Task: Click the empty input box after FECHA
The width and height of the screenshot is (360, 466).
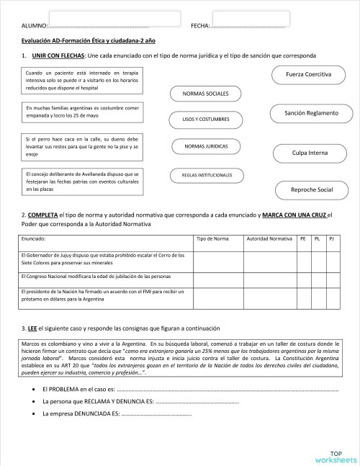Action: pyautogui.click(x=251, y=19)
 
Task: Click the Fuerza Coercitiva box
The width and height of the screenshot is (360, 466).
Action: pyautogui.click(x=308, y=75)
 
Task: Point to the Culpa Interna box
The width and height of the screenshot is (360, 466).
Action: pyautogui.click(x=310, y=153)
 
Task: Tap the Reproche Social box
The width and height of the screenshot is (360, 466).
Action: pyautogui.click(x=311, y=189)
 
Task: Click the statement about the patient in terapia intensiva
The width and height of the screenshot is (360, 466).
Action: pyautogui.click(x=81, y=81)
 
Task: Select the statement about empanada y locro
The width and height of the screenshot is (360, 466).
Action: pyautogui.click(x=81, y=112)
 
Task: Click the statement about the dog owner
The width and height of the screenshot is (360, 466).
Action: pyautogui.click(x=81, y=146)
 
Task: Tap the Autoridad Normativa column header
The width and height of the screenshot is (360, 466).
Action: pyautogui.click(x=269, y=238)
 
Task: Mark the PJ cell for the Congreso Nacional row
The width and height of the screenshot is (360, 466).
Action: pyautogui.click(x=331, y=277)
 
